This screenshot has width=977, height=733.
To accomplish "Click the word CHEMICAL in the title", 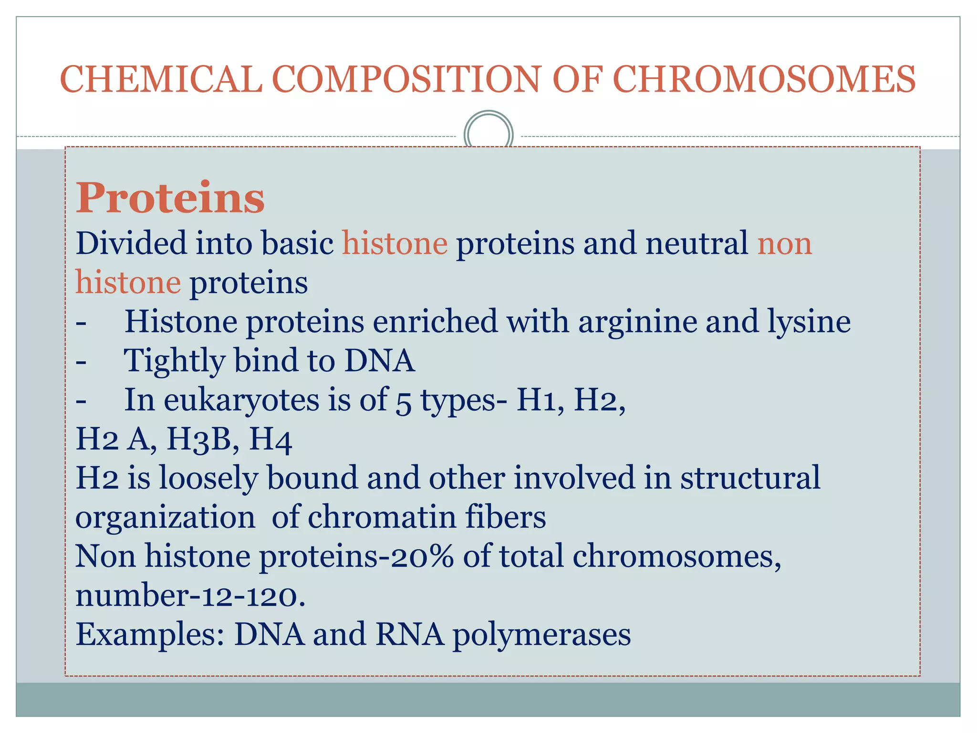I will (161, 79).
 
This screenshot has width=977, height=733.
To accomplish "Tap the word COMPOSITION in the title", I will (406, 79).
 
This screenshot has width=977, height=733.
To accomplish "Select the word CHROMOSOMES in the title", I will (764, 79).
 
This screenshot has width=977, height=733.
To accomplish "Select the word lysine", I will (809, 322).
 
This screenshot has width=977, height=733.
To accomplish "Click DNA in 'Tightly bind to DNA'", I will (379, 360).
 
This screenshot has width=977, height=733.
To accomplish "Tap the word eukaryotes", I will (241, 400).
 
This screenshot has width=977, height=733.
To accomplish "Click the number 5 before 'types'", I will (403, 401).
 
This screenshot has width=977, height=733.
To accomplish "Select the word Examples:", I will (150, 635).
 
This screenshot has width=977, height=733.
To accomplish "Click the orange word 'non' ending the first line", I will (784, 244).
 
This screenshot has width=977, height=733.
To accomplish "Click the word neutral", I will (696, 243).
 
